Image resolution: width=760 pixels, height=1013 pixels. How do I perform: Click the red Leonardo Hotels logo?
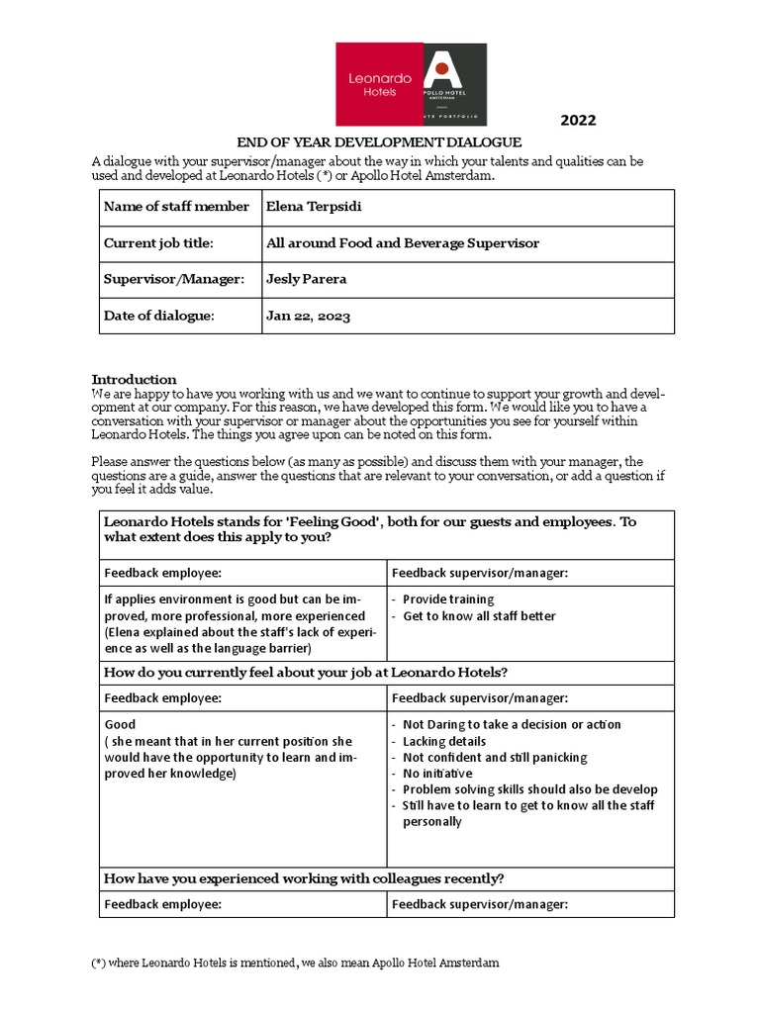click(x=379, y=84)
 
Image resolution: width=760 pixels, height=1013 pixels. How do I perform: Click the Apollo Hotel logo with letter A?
click(x=455, y=84)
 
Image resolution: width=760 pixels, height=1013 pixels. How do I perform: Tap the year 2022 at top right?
click(x=579, y=121)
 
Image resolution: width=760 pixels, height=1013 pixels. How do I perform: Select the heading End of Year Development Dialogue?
click(x=379, y=142)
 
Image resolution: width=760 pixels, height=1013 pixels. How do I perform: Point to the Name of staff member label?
click(x=176, y=207)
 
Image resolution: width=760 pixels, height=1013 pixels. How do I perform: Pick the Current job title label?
click(x=158, y=243)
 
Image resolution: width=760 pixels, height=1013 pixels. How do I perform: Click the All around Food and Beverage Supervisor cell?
click(x=403, y=243)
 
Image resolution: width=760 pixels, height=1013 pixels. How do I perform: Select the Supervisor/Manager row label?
click(x=173, y=279)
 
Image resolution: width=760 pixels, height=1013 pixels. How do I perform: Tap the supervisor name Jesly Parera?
click(x=307, y=279)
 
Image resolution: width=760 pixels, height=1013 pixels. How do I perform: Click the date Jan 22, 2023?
click(x=308, y=317)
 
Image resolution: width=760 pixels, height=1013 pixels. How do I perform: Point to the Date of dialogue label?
click(x=158, y=317)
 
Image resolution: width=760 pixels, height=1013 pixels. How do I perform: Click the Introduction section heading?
click(x=134, y=379)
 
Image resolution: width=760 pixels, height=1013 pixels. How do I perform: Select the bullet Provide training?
click(x=447, y=599)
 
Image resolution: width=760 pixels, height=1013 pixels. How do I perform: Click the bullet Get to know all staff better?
click(x=479, y=616)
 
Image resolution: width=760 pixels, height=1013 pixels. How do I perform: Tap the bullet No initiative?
click(x=437, y=774)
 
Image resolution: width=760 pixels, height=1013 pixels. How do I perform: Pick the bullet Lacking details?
click(x=444, y=741)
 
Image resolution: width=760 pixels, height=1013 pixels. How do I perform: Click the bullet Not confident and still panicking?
click(x=495, y=758)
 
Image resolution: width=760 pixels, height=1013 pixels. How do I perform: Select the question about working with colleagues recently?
click(x=304, y=878)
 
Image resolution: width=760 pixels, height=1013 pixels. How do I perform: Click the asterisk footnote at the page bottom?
click(x=295, y=963)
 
